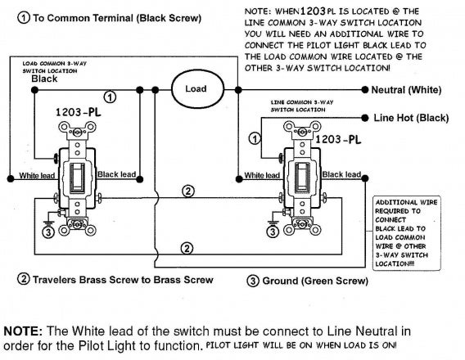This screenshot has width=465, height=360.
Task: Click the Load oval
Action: point(197,88)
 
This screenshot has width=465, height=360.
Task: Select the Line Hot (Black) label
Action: point(411,118)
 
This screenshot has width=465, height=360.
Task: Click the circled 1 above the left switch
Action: point(110,97)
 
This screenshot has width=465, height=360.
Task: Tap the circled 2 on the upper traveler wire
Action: point(187,191)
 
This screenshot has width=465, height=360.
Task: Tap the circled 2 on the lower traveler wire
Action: point(187,247)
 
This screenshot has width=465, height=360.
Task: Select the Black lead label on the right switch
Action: point(341,174)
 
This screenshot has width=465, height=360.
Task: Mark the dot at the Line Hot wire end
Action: point(365,118)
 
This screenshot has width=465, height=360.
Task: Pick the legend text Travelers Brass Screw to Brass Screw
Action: point(122,280)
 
